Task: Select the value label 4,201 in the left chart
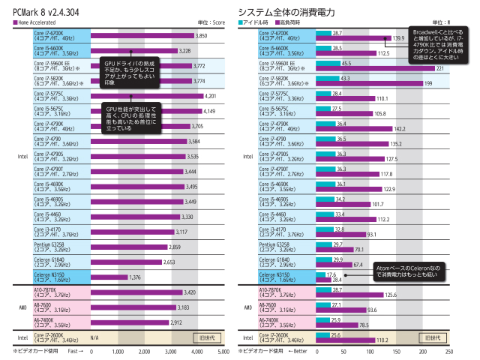click(214, 96)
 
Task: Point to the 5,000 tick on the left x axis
click(223, 351)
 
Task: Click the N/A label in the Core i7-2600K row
click(95, 338)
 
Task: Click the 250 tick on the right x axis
click(448, 351)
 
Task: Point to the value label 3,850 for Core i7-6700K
click(201, 36)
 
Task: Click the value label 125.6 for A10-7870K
click(391, 295)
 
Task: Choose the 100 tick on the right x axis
click(369, 351)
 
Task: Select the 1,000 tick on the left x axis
click(118, 351)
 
